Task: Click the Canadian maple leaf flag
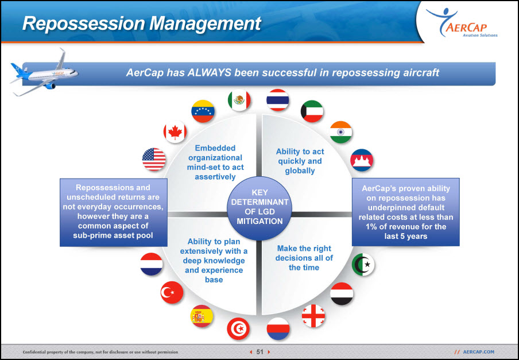point(175,132)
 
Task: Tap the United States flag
point(154,159)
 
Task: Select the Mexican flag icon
point(239,100)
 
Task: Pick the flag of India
point(341,132)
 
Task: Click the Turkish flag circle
point(172,292)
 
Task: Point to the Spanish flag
point(202,316)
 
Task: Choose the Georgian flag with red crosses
point(313,316)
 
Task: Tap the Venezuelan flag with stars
point(203,111)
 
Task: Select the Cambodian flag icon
point(362,160)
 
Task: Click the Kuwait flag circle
point(312,111)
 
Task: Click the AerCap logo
point(462,22)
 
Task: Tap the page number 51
point(260,352)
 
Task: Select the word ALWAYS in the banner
point(209,72)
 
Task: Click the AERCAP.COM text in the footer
point(478,352)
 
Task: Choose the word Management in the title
point(205,24)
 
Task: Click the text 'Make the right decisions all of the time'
point(304,258)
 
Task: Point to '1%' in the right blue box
point(372,227)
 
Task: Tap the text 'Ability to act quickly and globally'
point(300,161)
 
